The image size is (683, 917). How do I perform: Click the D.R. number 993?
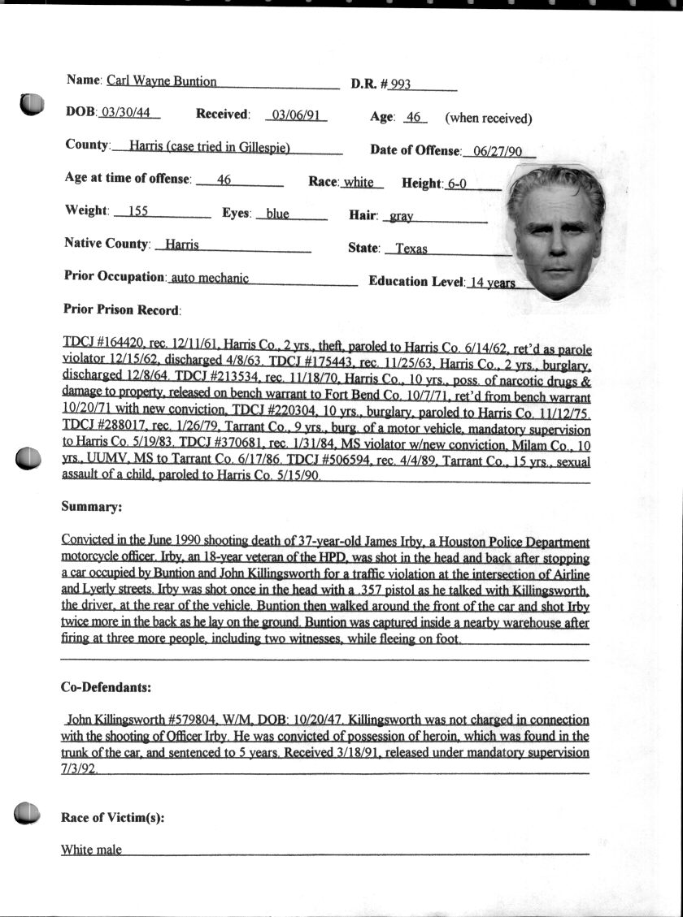click(400, 84)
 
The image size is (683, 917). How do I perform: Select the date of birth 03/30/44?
click(130, 113)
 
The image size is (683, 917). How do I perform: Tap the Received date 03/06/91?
click(298, 115)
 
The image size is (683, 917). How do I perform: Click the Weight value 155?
click(138, 211)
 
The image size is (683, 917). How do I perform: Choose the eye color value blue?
click(277, 214)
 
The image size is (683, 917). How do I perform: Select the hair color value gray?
click(402, 217)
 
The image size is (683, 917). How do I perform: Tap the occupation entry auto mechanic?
click(209, 278)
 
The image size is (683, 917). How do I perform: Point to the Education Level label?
click(416, 281)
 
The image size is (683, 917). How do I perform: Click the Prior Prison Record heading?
click(122, 309)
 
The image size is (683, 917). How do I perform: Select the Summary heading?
click(91, 507)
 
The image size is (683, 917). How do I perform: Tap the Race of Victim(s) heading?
click(112, 818)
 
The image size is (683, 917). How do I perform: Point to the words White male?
click(91, 850)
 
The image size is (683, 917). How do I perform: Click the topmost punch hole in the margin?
click(31, 104)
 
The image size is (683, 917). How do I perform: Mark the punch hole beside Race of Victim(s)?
click(27, 812)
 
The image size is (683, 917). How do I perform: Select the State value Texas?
click(411, 249)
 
